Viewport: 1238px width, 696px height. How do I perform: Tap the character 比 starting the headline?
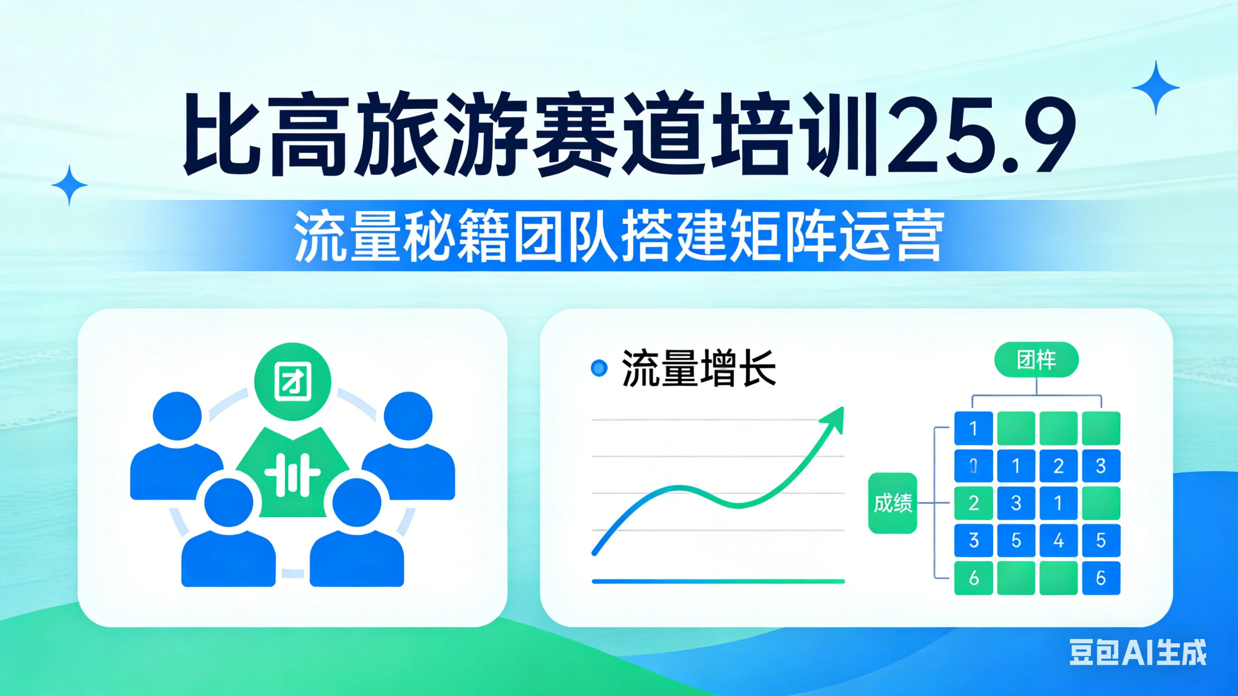click(221, 135)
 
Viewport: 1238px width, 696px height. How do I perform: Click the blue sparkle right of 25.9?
click(1155, 88)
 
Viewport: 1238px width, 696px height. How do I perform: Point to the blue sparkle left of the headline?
click(70, 185)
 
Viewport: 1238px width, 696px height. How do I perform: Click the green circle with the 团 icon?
click(292, 382)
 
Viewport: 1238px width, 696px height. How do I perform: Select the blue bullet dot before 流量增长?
click(599, 368)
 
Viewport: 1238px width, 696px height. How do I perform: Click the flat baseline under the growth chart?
click(718, 581)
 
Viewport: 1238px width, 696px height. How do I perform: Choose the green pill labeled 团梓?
click(1036, 360)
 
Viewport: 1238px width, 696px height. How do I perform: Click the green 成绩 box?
click(892, 503)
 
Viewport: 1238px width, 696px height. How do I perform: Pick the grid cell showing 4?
click(1058, 540)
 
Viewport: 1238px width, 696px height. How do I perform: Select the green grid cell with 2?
click(973, 503)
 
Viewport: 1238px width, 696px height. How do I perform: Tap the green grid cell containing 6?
click(973, 578)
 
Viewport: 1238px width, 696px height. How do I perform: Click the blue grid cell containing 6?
click(1101, 578)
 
